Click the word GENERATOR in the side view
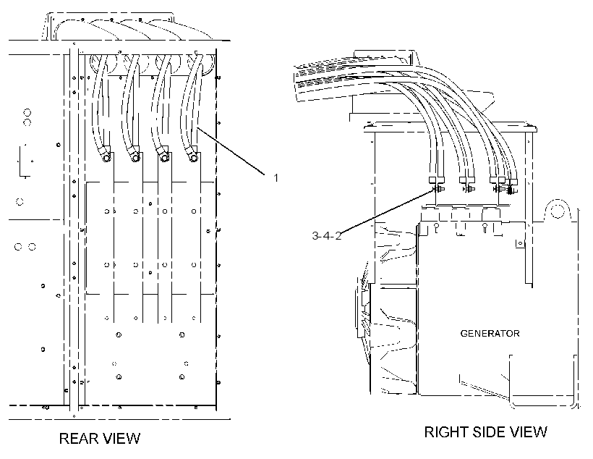[490, 333]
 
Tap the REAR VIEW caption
[100, 438]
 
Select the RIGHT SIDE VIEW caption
[485, 431]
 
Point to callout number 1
[276, 177]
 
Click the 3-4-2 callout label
[326, 235]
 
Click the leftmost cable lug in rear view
[106, 156]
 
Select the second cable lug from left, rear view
[135, 156]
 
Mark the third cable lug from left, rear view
[163, 156]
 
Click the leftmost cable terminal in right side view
[437, 185]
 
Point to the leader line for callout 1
[231, 151]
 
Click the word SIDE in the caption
[488, 431]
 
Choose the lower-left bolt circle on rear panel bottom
[119, 376]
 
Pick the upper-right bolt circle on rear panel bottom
[182, 334]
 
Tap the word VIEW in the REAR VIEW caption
[122, 438]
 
